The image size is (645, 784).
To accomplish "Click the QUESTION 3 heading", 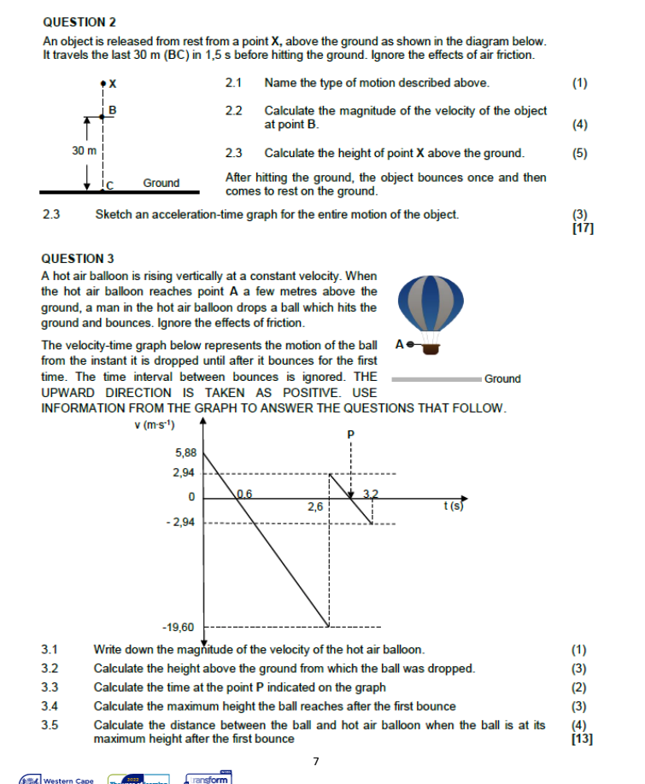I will click(79, 258).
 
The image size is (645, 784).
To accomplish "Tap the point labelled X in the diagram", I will click(103, 84).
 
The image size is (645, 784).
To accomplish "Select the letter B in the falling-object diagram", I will click(112, 109).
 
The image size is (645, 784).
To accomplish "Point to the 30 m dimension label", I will click(85, 150).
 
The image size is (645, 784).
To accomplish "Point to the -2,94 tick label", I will click(184, 522).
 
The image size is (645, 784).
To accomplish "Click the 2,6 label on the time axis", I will click(315, 506).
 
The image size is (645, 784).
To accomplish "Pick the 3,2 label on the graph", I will click(370, 493).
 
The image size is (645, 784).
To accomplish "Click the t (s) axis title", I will click(453, 506).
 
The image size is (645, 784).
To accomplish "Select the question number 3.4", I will click(50, 706).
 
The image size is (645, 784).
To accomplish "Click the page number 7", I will click(316, 760).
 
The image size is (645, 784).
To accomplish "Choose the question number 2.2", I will click(233, 110).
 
